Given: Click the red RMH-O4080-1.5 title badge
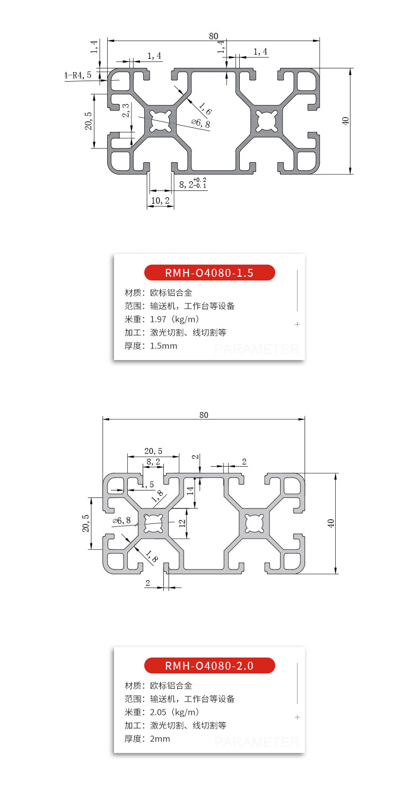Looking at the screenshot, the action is (210, 273).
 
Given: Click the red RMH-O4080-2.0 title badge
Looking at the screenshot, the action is (210, 665).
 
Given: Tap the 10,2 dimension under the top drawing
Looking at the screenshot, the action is (160, 200).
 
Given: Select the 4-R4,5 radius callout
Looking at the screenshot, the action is (78, 75).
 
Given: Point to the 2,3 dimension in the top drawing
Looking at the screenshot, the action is (126, 110).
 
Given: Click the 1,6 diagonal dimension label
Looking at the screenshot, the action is (205, 109).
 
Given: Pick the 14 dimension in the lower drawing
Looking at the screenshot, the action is (190, 490).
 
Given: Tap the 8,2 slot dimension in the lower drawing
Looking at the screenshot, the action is (153, 462).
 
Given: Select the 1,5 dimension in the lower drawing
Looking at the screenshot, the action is (147, 485).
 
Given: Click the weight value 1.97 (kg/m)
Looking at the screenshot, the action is (174, 319).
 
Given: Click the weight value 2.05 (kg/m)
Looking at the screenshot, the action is (174, 712).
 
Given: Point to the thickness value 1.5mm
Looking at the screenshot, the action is (163, 346).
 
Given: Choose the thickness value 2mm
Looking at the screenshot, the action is (160, 739).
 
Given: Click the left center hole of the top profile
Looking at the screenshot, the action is (160, 120).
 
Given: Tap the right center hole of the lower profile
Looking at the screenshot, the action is (255, 523).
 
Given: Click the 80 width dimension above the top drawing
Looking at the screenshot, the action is (213, 36).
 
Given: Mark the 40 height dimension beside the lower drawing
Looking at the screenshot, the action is (331, 523).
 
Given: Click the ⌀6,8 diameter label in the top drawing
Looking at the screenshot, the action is (201, 124).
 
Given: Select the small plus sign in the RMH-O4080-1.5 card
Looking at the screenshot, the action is (298, 324).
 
